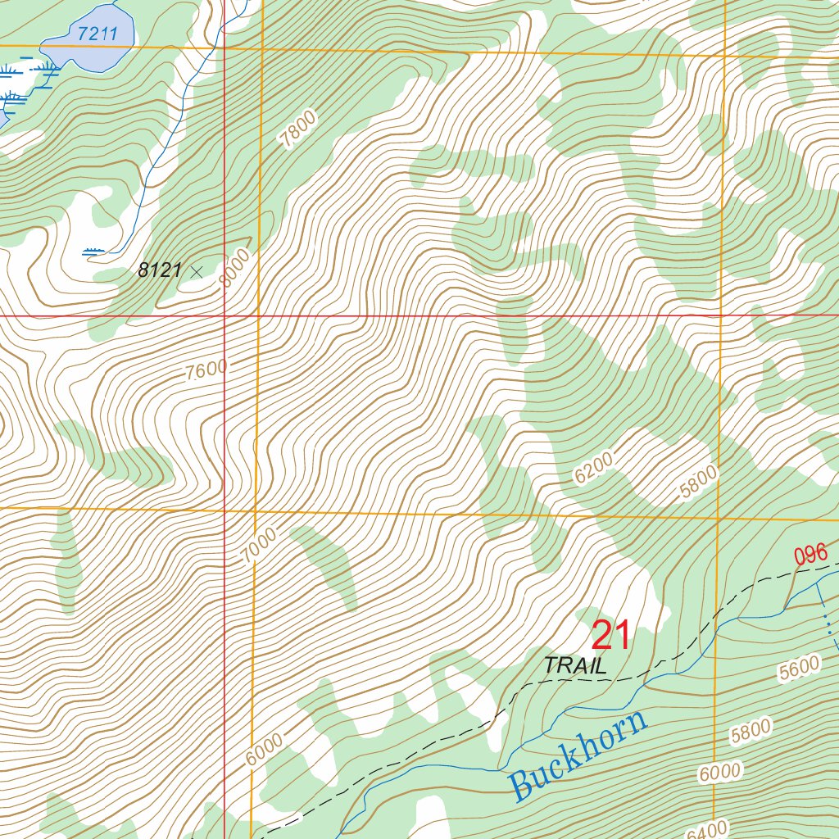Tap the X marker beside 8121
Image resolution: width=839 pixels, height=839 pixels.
pyautogui.click(x=196, y=271)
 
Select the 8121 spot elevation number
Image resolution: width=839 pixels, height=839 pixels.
pyautogui.click(x=159, y=270)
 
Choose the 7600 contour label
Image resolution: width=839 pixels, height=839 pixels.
pyautogui.click(x=206, y=370)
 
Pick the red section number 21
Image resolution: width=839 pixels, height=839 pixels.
pyautogui.click(x=610, y=635)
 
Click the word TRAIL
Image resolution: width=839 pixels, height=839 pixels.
pyautogui.click(x=576, y=666)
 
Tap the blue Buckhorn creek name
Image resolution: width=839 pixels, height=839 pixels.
pyautogui.click(x=578, y=755)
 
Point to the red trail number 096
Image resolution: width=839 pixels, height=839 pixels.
pyautogui.click(x=810, y=555)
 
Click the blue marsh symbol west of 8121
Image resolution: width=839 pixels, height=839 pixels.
pyautogui.click(x=94, y=251)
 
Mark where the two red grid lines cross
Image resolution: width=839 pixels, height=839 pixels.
pyautogui.click(x=224, y=315)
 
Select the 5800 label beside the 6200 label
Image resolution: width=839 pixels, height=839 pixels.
pyautogui.click(x=697, y=483)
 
